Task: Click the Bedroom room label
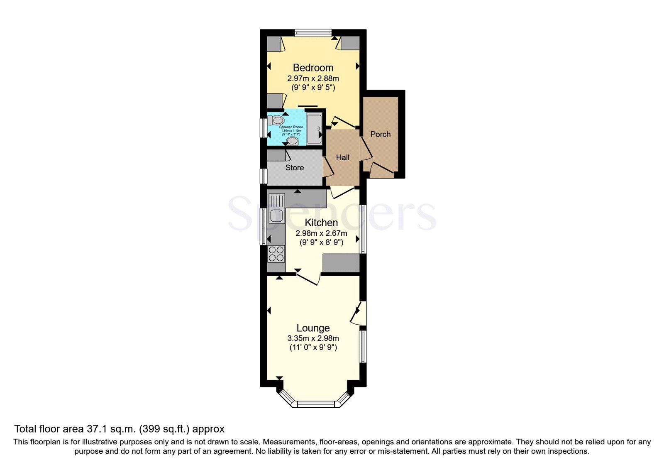pyautogui.click(x=313, y=68)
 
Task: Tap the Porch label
pyautogui.click(x=380, y=134)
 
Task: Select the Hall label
pyautogui.click(x=342, y=157)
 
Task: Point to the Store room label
pyautogui.click(x=294, y=168)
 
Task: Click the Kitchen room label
pyautogui.click(x=321, y=223)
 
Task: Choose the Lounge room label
pyautogui.click(x=313, y=328)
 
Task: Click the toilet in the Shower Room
pyautogui.click(x=276, y=120)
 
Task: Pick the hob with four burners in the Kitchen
pyautogui.click(x=276, y=254)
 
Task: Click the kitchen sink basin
pyautogui.click(x=276, y=215)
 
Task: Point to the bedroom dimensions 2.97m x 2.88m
pyautogui.click(x=313, y=78)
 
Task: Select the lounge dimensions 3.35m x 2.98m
pyautogui.click(x=313, y=338)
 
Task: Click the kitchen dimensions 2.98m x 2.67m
pyautogui.click(x=321, y=233)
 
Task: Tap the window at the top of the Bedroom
pyautogui.click(x=313, y=33)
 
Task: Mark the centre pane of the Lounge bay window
pyautogui.click(x=316, y=404)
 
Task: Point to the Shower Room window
pyautogui.click(x=263, y=128)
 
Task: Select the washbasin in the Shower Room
pyautogui.click(x=292, y=141)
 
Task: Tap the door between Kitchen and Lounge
pyautogui.click(x=308, y=278)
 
